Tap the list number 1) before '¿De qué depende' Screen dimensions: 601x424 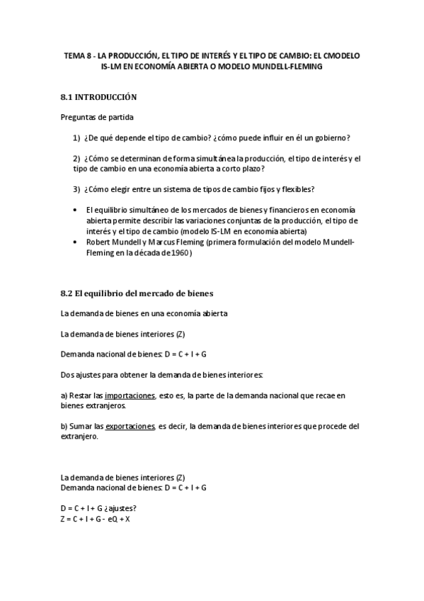point(76,137)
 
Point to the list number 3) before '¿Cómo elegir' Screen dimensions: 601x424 point(76,189)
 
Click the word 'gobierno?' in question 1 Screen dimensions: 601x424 point(331,137)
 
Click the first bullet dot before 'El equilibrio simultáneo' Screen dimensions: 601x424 point(75,210)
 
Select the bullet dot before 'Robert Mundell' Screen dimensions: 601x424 point(75,242)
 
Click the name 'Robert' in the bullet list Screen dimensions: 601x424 point(98,242)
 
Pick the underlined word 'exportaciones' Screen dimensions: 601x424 point(130,427)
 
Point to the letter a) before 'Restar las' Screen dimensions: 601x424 point(64,395)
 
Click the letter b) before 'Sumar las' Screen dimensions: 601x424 point(64,427)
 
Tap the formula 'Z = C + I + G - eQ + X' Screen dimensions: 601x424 point(96,519)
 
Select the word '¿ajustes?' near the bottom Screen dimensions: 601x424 point(120,508)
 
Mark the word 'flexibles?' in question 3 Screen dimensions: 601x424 point(296,189)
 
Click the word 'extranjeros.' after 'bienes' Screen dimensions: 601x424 point(104,405)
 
